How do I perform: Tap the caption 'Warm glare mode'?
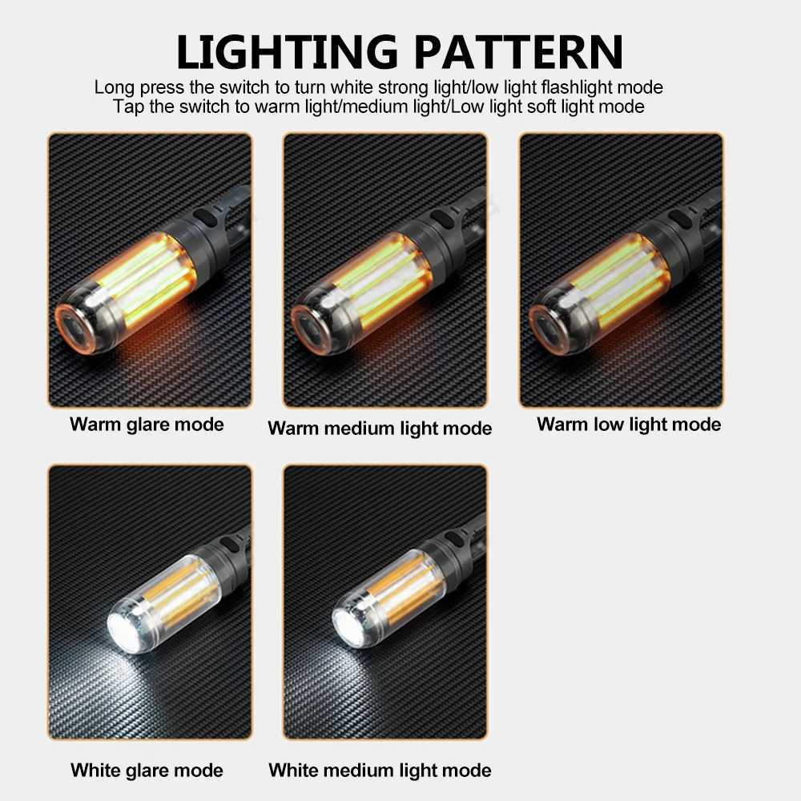pos(147,424)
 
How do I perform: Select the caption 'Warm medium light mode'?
pos(380,429)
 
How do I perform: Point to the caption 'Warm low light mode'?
pos(629,424)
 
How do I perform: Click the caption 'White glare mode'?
pos(147,771)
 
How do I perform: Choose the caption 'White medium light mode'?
pos(380,771)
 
